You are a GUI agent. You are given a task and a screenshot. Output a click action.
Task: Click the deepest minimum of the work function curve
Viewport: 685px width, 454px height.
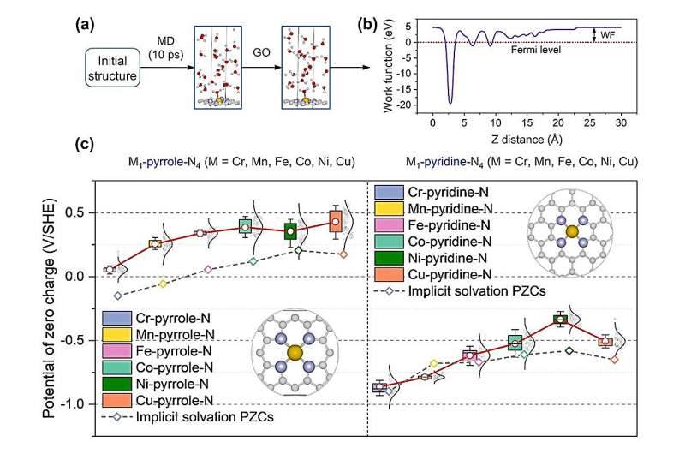pyautogui.click(x=450, y=102)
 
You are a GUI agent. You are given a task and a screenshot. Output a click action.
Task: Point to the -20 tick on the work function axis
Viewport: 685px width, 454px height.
pyautogui.click(x=415, y=104)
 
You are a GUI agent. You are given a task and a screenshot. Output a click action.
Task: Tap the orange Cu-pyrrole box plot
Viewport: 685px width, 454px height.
pyautogui.click(x=336, y=221)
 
